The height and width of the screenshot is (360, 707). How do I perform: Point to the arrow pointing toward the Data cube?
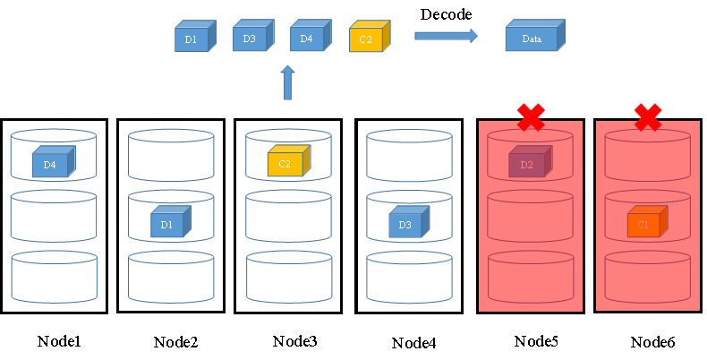click(x=446, y=36)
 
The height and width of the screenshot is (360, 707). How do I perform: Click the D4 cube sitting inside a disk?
click(x=53, y=163)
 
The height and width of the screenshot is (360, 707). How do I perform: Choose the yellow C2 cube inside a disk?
click(x=287, y=162)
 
